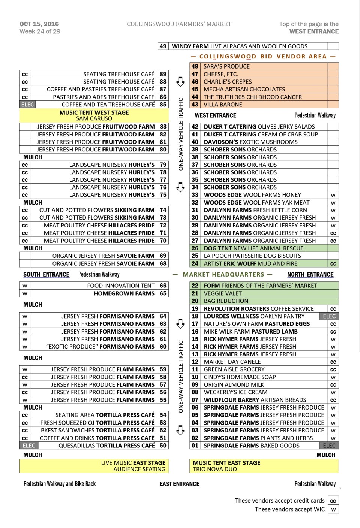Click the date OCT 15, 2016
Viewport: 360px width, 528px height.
(x=39, y=24)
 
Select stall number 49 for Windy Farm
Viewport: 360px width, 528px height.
(x=163, y=46)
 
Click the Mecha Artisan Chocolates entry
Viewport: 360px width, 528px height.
(x=244, y=89)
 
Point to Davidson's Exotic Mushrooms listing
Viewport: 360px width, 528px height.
(x=250, y=142)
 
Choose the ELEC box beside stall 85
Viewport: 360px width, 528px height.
(x=28, y=105)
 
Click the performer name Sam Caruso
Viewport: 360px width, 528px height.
(x=94, y=118)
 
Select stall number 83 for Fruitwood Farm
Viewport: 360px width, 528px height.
(x=163, y=127)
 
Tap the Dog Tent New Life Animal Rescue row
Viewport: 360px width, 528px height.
(x=253, y=248)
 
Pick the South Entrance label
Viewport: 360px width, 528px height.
(x=46, y=275)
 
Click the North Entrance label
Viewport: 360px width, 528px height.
(x=310, y=275)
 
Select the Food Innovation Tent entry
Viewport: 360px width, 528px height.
(x=121, y=286)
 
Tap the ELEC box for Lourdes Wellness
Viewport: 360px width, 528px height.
(x=329, y=316)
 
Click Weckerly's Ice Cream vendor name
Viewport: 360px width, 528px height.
(x=235, y=392)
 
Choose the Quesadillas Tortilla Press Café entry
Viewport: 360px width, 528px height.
(x=106, y=446)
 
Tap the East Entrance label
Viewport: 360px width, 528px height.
(x=179, y=484)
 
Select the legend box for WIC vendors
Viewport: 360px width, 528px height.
(x=333, y=509)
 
